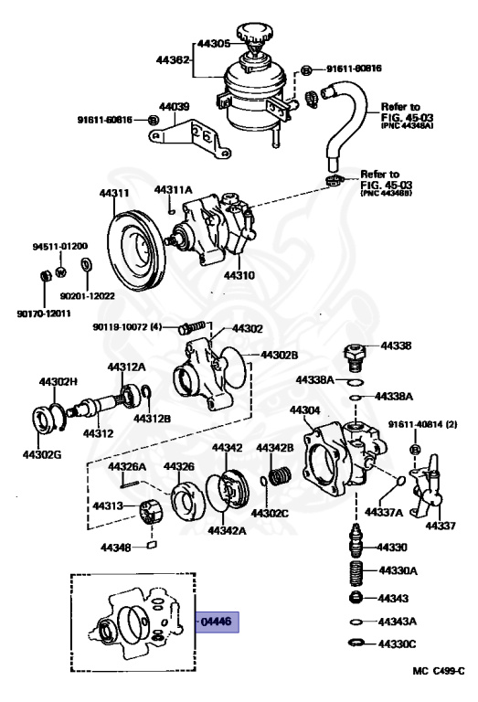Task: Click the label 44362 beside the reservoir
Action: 173,60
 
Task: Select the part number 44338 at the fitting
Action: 397,346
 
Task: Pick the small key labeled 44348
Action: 152,547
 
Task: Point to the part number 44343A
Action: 398,621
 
